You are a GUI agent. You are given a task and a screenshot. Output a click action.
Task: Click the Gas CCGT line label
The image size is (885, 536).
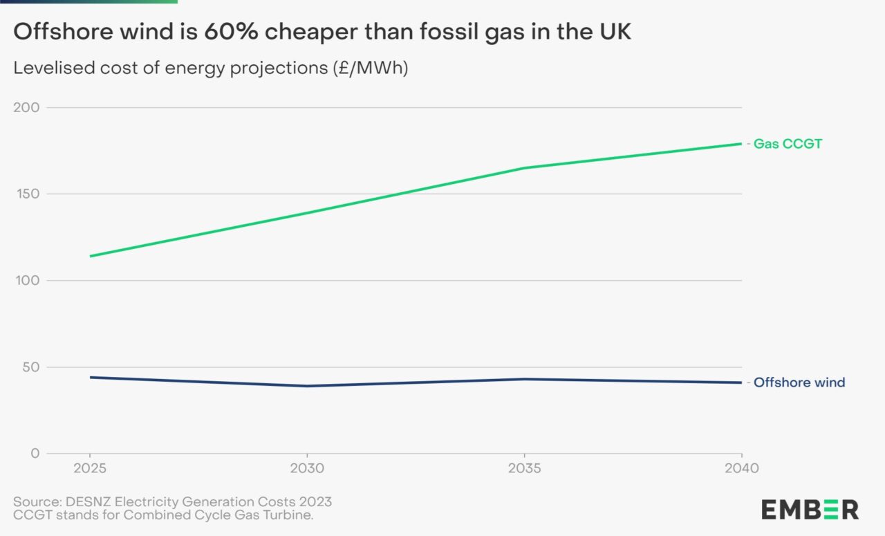[788, 144]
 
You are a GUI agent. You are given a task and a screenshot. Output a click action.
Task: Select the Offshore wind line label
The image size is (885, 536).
[799, 382]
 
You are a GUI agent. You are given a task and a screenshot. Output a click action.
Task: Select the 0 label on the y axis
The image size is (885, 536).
[35, 454]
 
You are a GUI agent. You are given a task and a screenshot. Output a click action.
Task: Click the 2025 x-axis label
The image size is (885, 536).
[89, 468]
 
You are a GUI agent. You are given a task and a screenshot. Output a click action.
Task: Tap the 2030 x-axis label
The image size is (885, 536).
[306, 468]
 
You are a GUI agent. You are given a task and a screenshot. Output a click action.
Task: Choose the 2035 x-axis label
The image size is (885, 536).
[524, 468]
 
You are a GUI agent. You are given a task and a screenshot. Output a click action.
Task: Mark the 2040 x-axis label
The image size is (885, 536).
[741, 468]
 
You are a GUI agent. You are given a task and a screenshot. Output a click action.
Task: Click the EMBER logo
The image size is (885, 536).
[810, 510]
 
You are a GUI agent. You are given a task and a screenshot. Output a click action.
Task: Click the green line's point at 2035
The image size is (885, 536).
[524, 168]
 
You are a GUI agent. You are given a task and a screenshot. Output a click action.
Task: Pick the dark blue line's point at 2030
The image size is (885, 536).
[306, 386]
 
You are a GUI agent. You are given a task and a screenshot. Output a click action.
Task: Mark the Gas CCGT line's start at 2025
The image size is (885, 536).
[89, 256]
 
